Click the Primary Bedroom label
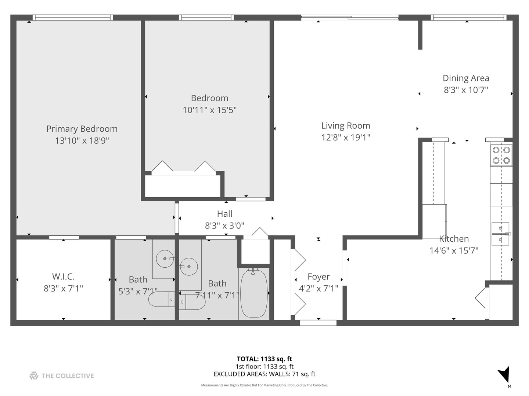point(82,129)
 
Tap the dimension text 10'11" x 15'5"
point(209,110)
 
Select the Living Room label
point(345,126)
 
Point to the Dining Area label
point(465,78)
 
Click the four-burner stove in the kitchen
point(501,155)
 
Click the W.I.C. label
point(63,276)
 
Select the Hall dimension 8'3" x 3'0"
point(224,225)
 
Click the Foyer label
point(319,277)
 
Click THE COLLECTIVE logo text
point(68,376)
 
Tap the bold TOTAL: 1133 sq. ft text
point(264,359)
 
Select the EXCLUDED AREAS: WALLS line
point(264,374)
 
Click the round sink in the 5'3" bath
point(165,259)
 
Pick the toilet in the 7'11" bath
point(192,302)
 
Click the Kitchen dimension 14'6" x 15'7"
point(454,251)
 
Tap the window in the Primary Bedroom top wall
point(72,17)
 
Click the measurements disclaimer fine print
point(264,385)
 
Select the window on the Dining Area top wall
point(468,17)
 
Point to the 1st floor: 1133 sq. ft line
point(264,366)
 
